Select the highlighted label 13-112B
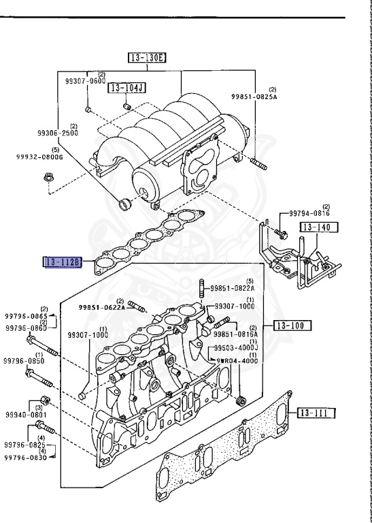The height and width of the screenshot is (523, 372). (63, 262)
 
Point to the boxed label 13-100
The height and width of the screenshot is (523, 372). (292, 326)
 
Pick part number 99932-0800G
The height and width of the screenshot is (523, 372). (39, 157)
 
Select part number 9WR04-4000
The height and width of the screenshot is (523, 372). (237, 361)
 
